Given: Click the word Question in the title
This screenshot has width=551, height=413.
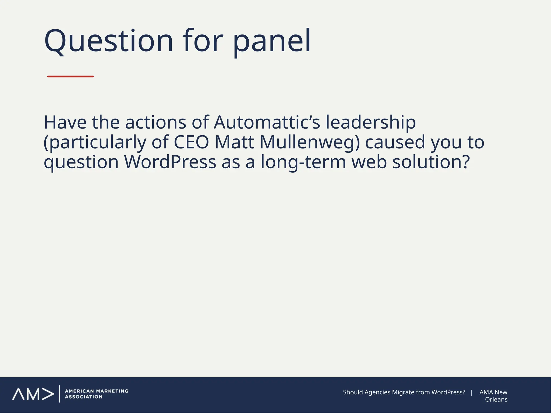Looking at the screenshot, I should (x=108, y=41).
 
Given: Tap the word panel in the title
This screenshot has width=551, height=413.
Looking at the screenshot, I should (x=271, y=41).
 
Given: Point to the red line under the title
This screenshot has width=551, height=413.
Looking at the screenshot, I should (x=70, y=77).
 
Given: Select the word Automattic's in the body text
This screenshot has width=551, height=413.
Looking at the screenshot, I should (x=267, y=122).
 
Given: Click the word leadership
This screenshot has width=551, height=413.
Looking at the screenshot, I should (x=370, y=123).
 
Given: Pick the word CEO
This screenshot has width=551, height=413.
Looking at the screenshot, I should (x=191, y=142).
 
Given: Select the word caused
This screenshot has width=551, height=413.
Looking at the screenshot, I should (x=395, y=142).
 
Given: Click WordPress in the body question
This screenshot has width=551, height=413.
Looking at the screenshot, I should (x=170, y=162).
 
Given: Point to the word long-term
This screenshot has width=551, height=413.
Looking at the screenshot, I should (x=303, y=162).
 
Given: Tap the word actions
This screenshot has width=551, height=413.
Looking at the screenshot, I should (x=156, y=122).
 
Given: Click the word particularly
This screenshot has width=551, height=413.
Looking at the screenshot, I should (x=95, y=143).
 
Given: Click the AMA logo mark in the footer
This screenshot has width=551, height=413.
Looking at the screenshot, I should (x=33, y=394).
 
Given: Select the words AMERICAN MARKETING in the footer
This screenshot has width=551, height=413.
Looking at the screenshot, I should (x=97, y=391).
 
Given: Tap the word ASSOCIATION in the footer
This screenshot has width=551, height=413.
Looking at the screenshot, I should (x=84, y=397).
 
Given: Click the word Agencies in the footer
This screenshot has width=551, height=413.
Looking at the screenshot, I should (x=377, y=392).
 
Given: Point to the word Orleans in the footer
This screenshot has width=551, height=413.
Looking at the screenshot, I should (x=496, y=400).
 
